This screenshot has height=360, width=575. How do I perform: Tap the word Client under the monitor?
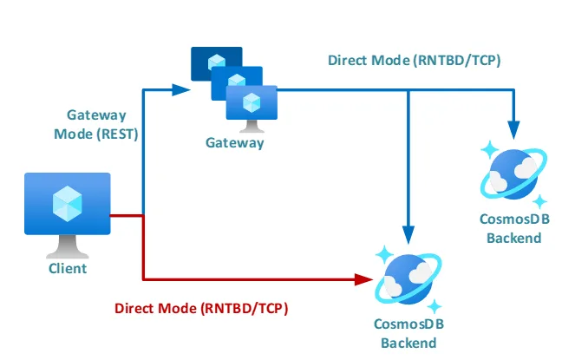click(x=68, y=268)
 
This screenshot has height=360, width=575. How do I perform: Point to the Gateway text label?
click(x=234, y=142)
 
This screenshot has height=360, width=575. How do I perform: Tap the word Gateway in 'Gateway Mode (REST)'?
click(x=96, y=115)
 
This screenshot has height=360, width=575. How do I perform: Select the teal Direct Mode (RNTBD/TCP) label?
click(x=414, y=61)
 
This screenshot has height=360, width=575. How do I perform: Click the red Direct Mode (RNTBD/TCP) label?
click(x=201, y=308)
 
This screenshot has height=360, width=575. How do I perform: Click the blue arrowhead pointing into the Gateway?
click(x=181, y=88)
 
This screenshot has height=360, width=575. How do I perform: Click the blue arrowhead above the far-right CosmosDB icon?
click(x=515, y=128)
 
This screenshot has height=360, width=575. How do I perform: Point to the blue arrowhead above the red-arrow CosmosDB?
click(x=408, y=232)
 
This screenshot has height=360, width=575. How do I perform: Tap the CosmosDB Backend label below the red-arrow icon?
click(x=408, y=334)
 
